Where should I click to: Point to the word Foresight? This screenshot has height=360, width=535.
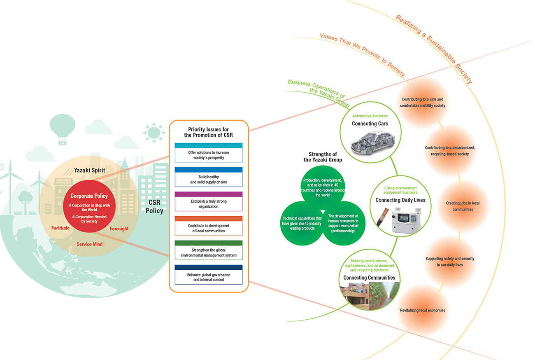[x=119, y=229]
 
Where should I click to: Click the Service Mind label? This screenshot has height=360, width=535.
[x=89, y=244]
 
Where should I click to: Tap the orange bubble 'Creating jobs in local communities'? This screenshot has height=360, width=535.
[x=463, y=206]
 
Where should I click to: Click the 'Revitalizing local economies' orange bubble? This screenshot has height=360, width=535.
[x=422, y=310]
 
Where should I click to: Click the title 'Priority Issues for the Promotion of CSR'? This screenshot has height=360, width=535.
[x=209, y=132]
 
